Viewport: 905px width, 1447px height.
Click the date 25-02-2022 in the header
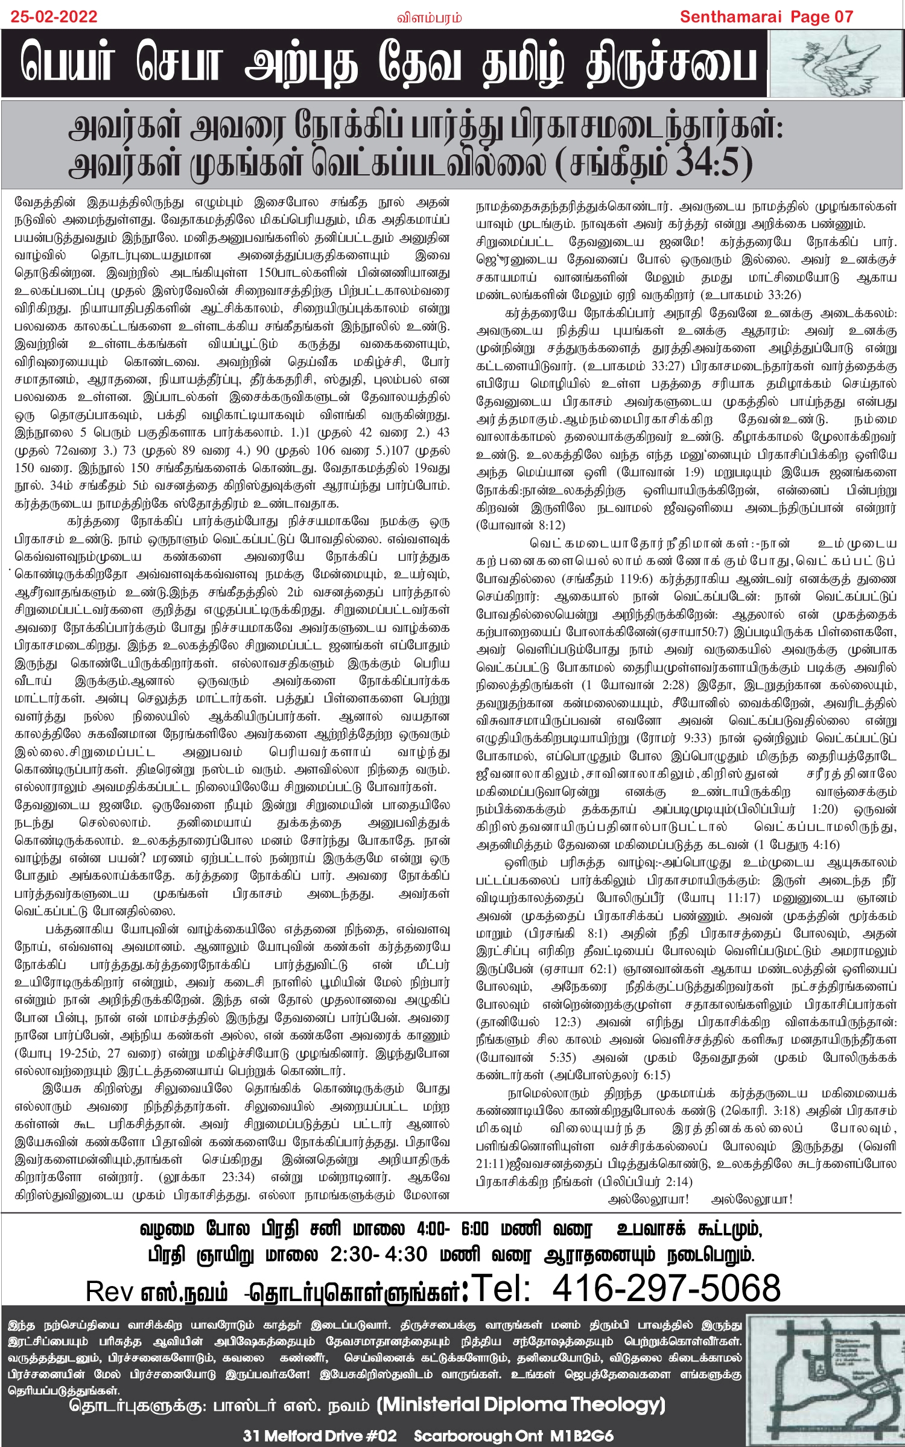54,16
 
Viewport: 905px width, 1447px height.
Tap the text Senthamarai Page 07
766,16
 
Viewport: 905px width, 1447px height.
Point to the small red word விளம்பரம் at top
429,18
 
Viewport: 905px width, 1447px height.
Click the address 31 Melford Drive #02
320,1436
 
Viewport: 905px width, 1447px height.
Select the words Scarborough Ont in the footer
478,1436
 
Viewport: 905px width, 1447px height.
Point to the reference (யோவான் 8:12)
521,525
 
